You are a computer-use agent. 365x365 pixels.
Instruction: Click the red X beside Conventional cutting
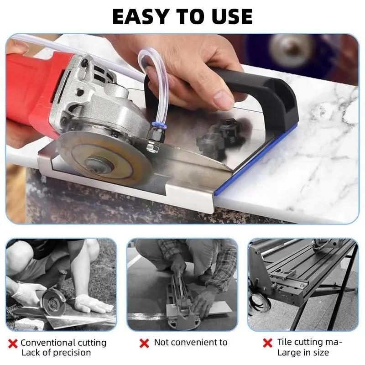tap(14, 343)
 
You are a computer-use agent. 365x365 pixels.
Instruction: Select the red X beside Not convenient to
tap(144, 343)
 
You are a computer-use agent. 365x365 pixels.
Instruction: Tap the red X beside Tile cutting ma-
tap(268, 343)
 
